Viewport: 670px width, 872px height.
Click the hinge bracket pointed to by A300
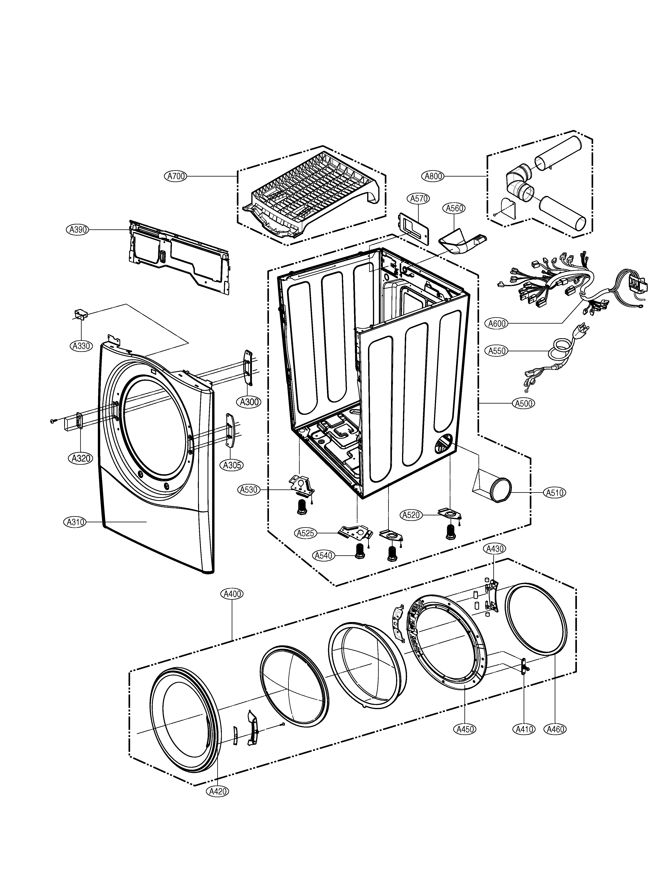pos(249,368)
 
